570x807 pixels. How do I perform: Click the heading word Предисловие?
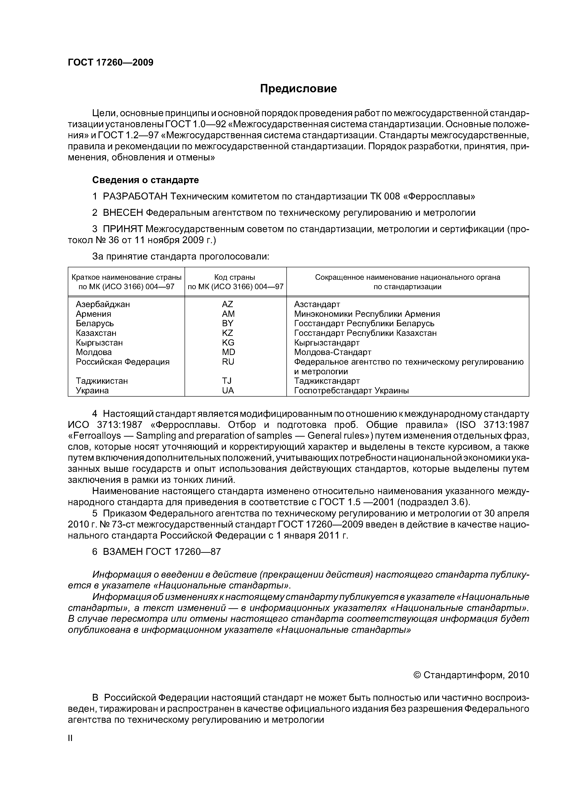tap(298, 89)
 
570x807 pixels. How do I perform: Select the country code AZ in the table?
tap(228, 304)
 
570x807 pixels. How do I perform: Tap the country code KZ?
tap(228, 333)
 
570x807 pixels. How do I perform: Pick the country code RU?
tap(228, 362)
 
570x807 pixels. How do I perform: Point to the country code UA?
tap(228, 390)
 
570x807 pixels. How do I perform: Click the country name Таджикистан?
tap(102, 381)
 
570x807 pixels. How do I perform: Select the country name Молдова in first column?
tap(94, 352)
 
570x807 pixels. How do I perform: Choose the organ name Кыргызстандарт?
tap(327, 343)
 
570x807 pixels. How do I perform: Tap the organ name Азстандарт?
tap(317, 304)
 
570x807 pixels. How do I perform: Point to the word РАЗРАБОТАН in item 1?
tap(135, 196)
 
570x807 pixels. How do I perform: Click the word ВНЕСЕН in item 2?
tap(123, 213)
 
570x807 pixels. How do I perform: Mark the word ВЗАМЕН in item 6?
tap(123, 552)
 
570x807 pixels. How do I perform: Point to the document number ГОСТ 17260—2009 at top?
tap(111, 63)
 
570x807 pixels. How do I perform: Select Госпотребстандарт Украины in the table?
tap(351, 390)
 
